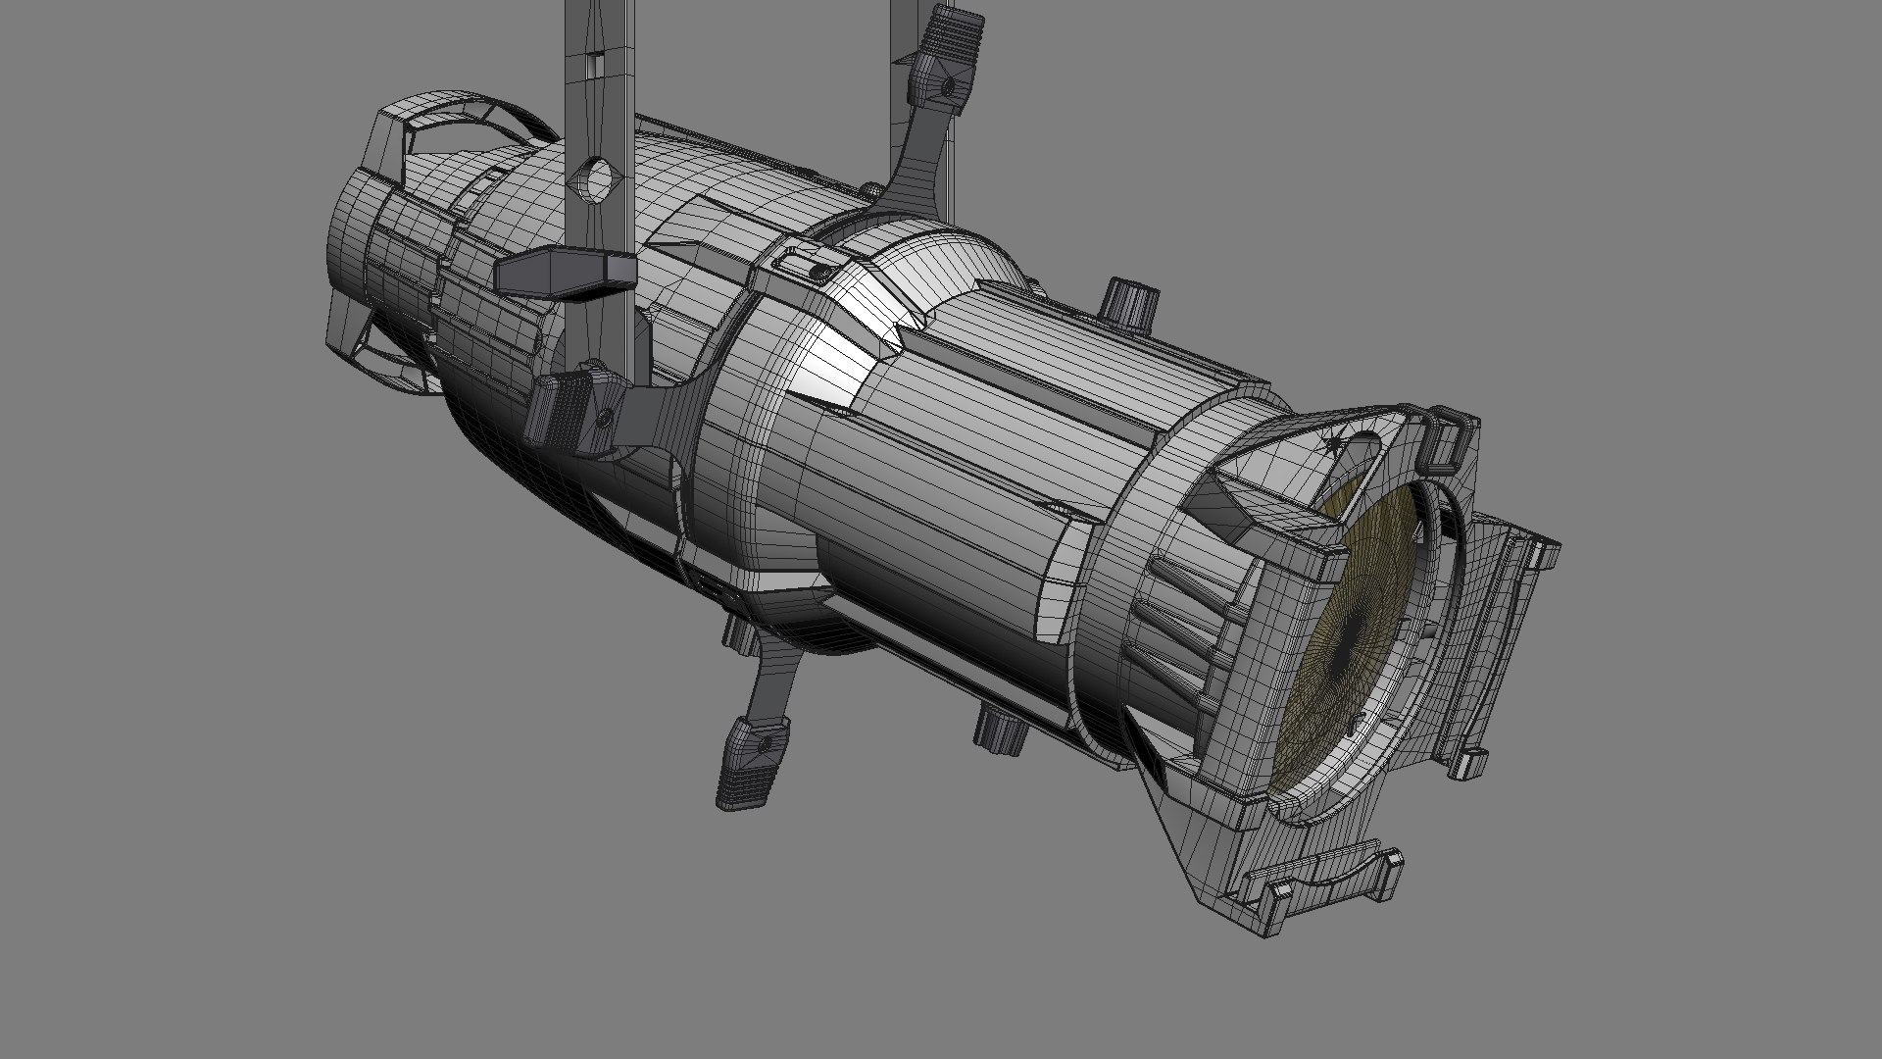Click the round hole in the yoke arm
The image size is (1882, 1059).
coord(594,179)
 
